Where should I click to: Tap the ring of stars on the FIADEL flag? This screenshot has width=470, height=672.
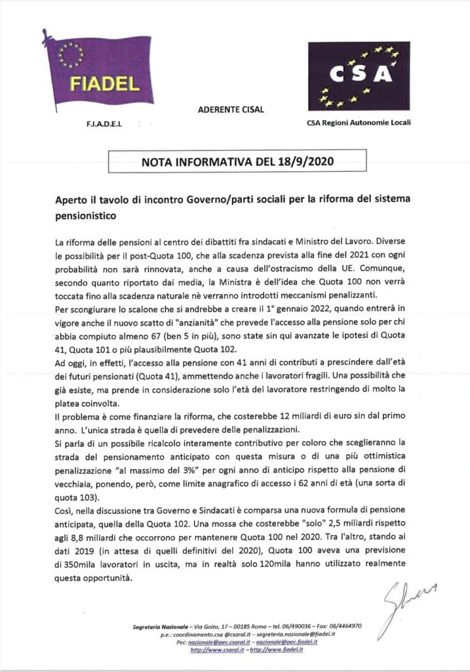click(x=71, y=54)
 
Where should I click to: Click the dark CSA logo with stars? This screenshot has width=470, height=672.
click(x=359, y=77)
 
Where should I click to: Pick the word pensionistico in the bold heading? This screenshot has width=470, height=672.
click(x=87, y=214)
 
